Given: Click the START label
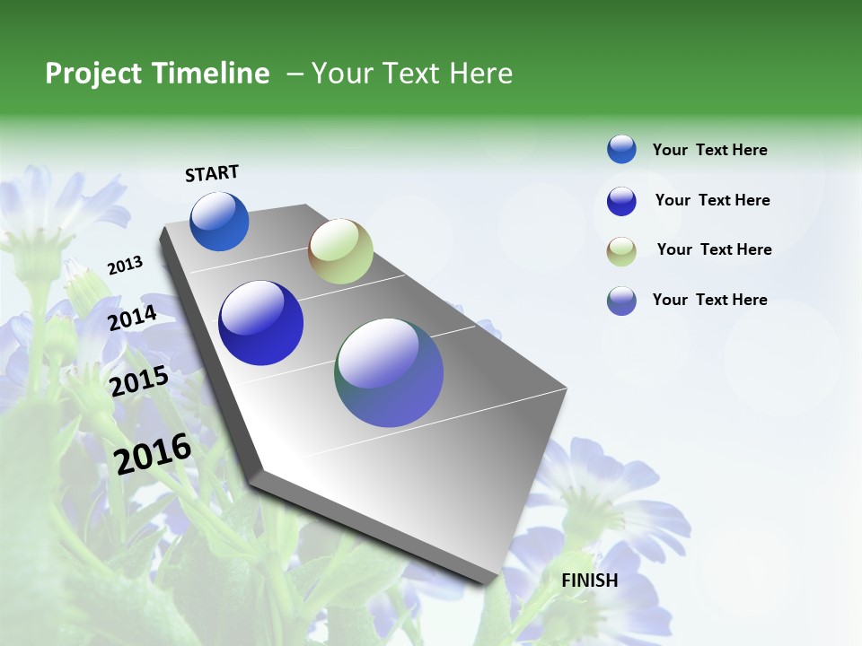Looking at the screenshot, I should pyautogui.click(x=212, y=173).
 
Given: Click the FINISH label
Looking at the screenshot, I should pyautogui.click(x=589, y=581).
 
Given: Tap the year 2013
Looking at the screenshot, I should pyautogui.click(x=125, y=266).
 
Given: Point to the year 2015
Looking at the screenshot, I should pyautogui.click(x=139, y=382).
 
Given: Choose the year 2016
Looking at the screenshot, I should pyautogui.click(x=153, y=454).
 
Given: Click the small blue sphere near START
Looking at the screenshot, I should pyautogui.click(x=219, y=222).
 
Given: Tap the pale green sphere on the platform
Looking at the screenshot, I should pyautogui.click(x=340, y=251).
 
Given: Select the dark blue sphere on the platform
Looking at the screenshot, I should pyautogui.click(x=260, y=323).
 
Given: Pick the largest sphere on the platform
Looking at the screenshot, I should pyautogui.click(x=389, y=372).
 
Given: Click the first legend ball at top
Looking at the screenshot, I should pyautogui.click(x=621, y=149).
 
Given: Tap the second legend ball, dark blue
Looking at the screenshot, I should pyautogui.click(x=621, y=201).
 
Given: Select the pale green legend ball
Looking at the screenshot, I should pyautogui.click(x=621, y=251).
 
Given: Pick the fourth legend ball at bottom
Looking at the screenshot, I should pyautogui.click(x=621, y=301).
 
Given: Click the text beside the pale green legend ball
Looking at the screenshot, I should pyautogui.click(x=714, y=249).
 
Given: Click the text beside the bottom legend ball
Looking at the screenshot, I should pyautogui.click(x=709, y=300).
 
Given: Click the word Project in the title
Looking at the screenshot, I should pyautogui.click(x=93, y=74).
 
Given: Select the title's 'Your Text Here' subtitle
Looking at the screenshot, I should pyautogui.click(x=411, y=74).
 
